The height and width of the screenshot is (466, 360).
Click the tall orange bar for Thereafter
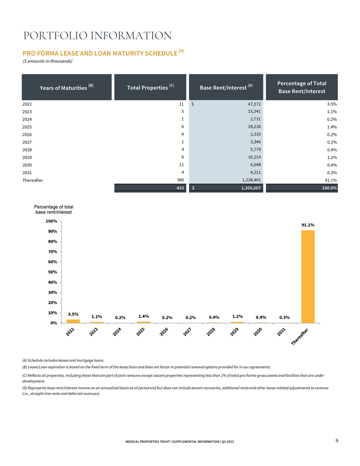(x=308, y=276)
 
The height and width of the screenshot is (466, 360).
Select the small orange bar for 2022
(x=73, y=321)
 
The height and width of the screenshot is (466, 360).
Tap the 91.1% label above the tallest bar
(x=308, y=225)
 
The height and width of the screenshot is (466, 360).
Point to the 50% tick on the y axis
(x=52, y=272)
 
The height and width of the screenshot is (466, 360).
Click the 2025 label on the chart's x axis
(x=140, y=332)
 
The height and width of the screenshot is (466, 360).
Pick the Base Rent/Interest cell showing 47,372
(x=254, y=104)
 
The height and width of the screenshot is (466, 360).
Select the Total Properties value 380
(x=180, y=180)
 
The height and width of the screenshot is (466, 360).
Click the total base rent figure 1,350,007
(x=251, y=188)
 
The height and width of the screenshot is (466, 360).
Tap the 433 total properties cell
(x=180, y=188)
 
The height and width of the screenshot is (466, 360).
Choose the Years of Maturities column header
(x=67, y=87)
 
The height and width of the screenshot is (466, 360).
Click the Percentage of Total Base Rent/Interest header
(x=302, y=87)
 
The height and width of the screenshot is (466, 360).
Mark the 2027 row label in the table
(x=27, y=143)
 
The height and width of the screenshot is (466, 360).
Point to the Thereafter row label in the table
(x=33, y=180)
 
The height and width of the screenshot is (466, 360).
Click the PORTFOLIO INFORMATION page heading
(x=98, y=36)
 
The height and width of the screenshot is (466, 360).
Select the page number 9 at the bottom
(x=337, y=440)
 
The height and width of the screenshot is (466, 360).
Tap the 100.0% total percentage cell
(x=329, y=188)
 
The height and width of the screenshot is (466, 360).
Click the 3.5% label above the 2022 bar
(x=73, y=314)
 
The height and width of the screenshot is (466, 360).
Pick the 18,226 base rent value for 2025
(x=254, y=126)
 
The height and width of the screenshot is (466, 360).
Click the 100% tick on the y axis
(x=52, y=221)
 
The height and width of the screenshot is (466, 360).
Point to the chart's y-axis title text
(x=53, y=210)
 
